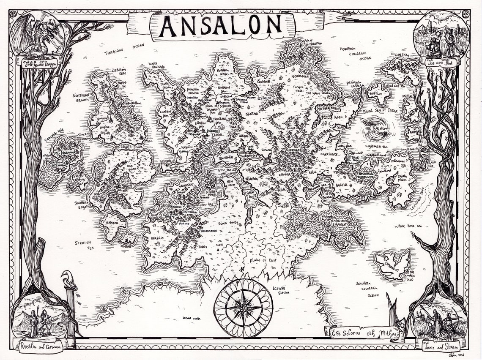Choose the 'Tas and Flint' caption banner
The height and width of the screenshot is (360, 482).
[442, 61]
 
